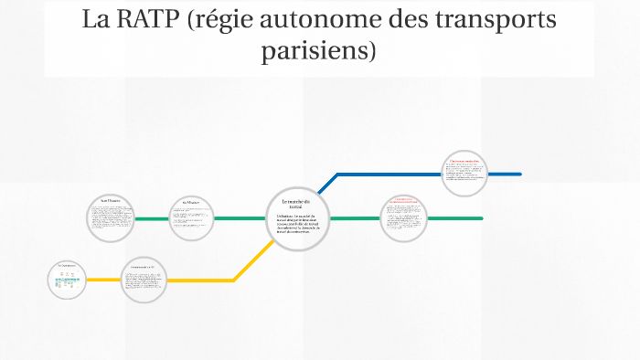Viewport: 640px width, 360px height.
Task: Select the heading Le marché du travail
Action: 296,204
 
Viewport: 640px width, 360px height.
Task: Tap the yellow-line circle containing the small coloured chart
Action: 67,280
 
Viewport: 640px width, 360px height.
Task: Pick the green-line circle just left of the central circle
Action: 191,218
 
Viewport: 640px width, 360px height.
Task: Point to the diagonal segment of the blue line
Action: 326,183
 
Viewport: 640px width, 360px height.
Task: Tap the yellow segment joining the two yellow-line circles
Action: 104,280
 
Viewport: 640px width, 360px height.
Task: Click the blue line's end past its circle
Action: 507,174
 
